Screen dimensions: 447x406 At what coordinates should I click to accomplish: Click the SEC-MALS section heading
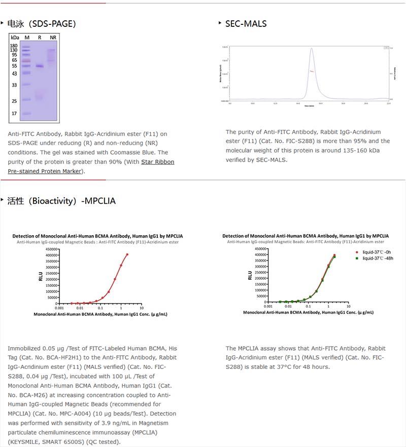[246, 23]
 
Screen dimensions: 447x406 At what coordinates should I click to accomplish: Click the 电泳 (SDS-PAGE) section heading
[42, 23]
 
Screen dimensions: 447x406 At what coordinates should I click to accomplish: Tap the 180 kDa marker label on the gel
[14, 46]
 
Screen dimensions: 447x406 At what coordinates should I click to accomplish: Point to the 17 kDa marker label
[14, 114]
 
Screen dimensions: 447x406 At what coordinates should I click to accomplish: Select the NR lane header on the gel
[53, 38]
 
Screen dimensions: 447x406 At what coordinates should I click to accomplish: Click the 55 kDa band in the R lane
[39, 66]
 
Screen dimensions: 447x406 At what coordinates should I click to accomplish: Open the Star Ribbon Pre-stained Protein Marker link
[91, 166]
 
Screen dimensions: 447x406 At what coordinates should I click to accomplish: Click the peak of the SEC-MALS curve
[312, 49]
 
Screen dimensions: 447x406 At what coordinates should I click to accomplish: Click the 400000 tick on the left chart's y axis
[47, 255]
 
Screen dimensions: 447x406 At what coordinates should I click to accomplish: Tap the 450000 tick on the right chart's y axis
[260, 249]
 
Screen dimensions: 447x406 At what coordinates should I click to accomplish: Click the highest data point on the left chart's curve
[127, 254]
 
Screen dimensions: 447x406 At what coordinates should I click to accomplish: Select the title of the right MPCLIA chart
[306, 236]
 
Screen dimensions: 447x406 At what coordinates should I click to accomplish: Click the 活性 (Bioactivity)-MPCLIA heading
[61, 201]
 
